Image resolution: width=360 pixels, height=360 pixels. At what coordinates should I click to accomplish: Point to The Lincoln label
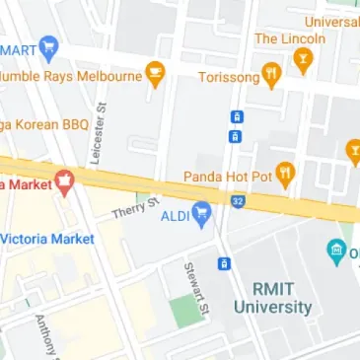pyautogui.click(x=289, y=38)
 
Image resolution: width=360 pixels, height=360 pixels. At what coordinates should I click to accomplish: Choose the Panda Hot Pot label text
pyautogui.click(x=225, y=177)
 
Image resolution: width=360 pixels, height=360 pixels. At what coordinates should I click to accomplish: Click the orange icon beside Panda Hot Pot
pyautogui.click(x=286, y=174)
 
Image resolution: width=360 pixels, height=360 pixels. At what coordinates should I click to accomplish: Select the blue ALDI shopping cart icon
pyautogui.click(x=202, y=211)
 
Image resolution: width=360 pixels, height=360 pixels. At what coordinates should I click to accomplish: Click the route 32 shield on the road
pyautogui.click(x=238, y=202)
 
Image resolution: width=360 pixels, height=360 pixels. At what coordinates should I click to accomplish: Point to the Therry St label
pyautogui.click(x=135, y=208)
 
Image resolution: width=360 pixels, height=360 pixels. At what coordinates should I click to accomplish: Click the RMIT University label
pyautogui.click(x=273, y=298)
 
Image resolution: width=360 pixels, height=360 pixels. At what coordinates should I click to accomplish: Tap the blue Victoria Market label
pyautogui.click(x=47, y=239)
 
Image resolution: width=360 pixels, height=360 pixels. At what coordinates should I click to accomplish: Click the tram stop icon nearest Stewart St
pyautogui.click(x=224, y=263)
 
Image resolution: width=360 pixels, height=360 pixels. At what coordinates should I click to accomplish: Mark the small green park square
pyautogui.click(x=183, y=312)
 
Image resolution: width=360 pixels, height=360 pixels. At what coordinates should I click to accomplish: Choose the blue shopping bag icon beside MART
pyautogui.click(x=49, y=48)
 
